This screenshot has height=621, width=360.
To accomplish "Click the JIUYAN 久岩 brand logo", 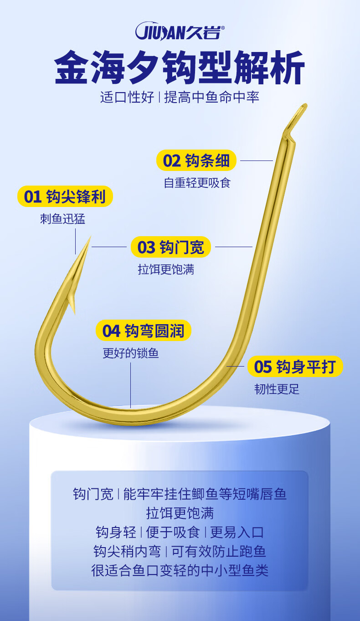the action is coord(180,32).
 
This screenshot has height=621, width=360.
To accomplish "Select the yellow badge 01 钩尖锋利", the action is coord(65,197).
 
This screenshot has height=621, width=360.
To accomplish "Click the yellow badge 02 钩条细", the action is coord(196,160).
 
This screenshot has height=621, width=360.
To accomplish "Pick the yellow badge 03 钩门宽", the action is coord(171,247).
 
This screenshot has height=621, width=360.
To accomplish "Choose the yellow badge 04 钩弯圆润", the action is coord(143,331).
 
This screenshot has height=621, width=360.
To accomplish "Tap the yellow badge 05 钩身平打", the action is coord(295,367).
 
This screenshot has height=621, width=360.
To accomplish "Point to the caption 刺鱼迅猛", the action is coord(62,219).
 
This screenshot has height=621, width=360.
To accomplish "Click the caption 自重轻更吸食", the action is coord(197,183).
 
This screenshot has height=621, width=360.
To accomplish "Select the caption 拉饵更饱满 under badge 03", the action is coord(166,269).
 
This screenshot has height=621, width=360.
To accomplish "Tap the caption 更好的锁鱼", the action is coord(131,353).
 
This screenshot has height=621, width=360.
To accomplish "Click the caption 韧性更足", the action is coord(277,389).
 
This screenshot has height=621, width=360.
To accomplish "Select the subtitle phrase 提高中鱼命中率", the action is coord(212,97).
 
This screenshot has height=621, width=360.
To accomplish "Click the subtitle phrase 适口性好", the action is coord(127,97).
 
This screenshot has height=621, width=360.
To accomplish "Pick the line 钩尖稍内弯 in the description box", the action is coord(127,551).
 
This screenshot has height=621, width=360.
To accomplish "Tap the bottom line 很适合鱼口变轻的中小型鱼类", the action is coord(180,570).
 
